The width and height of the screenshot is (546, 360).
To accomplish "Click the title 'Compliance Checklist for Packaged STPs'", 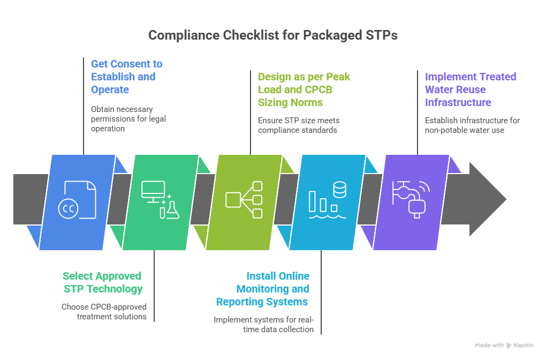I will click(x=272, y=35).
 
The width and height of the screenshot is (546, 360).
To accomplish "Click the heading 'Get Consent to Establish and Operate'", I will click(x=126, y=77).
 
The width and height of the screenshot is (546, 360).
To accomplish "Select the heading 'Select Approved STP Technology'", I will click(x=102, y=282).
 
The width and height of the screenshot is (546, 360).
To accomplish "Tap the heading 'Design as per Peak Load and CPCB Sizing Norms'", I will click(x=304, y=89).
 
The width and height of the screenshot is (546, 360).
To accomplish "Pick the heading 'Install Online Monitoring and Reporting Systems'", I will click(x=263, y=289).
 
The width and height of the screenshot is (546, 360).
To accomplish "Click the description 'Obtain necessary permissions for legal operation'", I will click(x=128, y=118).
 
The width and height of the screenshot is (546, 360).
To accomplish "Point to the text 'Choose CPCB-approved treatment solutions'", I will click(x=104, y=312).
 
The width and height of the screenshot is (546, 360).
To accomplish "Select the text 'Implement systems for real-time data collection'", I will click(x=263, y=324).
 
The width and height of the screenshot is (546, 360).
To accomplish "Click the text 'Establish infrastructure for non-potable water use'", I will click(x=472, y=125).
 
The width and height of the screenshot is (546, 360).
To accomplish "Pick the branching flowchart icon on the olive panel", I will click(x=244, y=200).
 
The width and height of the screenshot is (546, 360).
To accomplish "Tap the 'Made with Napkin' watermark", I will click(x=504, y=346).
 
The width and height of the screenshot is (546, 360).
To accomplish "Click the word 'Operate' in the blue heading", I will click(x=110, y=89).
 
